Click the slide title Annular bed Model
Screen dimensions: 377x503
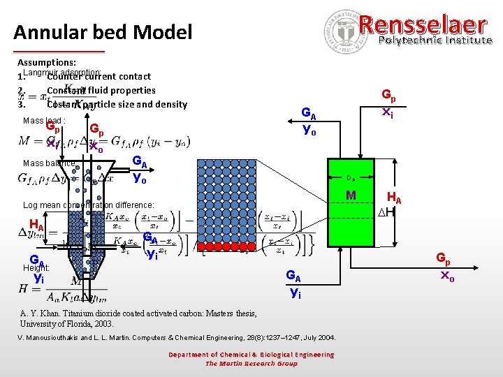pos(103,32)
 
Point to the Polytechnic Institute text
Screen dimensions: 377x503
pos(435,40)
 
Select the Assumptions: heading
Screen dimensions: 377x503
pos(48,61)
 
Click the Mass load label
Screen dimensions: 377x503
pos(44,121)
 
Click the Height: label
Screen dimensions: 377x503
pos(37,267)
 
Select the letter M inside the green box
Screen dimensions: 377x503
pos(351,194)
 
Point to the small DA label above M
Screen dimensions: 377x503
pos(351,179)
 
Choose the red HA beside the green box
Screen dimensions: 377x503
pos(395,197)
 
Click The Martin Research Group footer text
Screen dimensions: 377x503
pos(251,363)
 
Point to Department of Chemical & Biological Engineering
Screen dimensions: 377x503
pos(251,355)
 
